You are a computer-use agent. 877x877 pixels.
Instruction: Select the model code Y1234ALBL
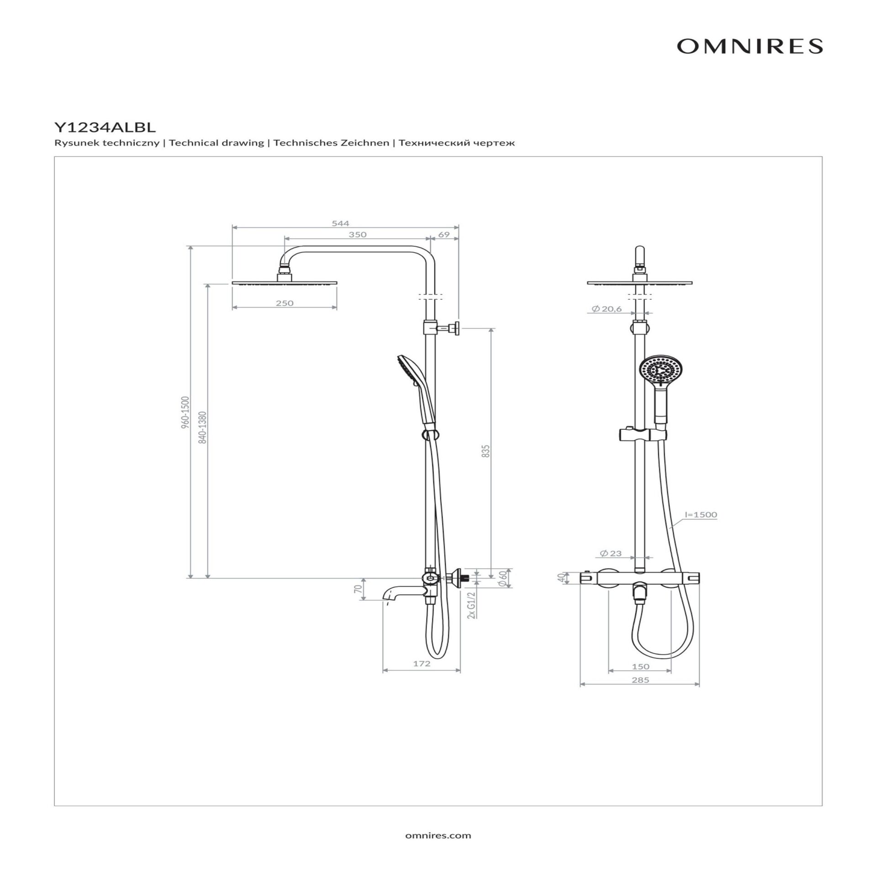(x=105, y=127)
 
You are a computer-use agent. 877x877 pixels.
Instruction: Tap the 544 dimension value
(x=340, y=223)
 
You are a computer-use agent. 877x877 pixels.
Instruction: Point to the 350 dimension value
(x=358, y=234)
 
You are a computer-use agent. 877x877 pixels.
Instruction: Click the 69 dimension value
(x=444, y=234)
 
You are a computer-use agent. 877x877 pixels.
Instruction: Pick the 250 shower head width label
(x=285, y=303)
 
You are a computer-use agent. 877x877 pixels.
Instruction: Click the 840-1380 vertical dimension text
(x=203, y=427)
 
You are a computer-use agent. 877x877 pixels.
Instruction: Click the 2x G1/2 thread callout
(x=472, y=605)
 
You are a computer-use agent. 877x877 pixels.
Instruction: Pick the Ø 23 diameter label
(x=611, y=553)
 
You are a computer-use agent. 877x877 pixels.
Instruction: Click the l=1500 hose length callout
(x=701, y=515)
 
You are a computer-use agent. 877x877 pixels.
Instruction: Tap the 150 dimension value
(x=640, y=666)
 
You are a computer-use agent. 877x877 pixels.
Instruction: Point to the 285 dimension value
(x=640, y=680)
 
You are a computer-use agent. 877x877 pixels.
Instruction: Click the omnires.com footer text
(x=438, y=835)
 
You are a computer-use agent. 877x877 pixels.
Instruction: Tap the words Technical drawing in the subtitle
(x=217, y=143)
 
